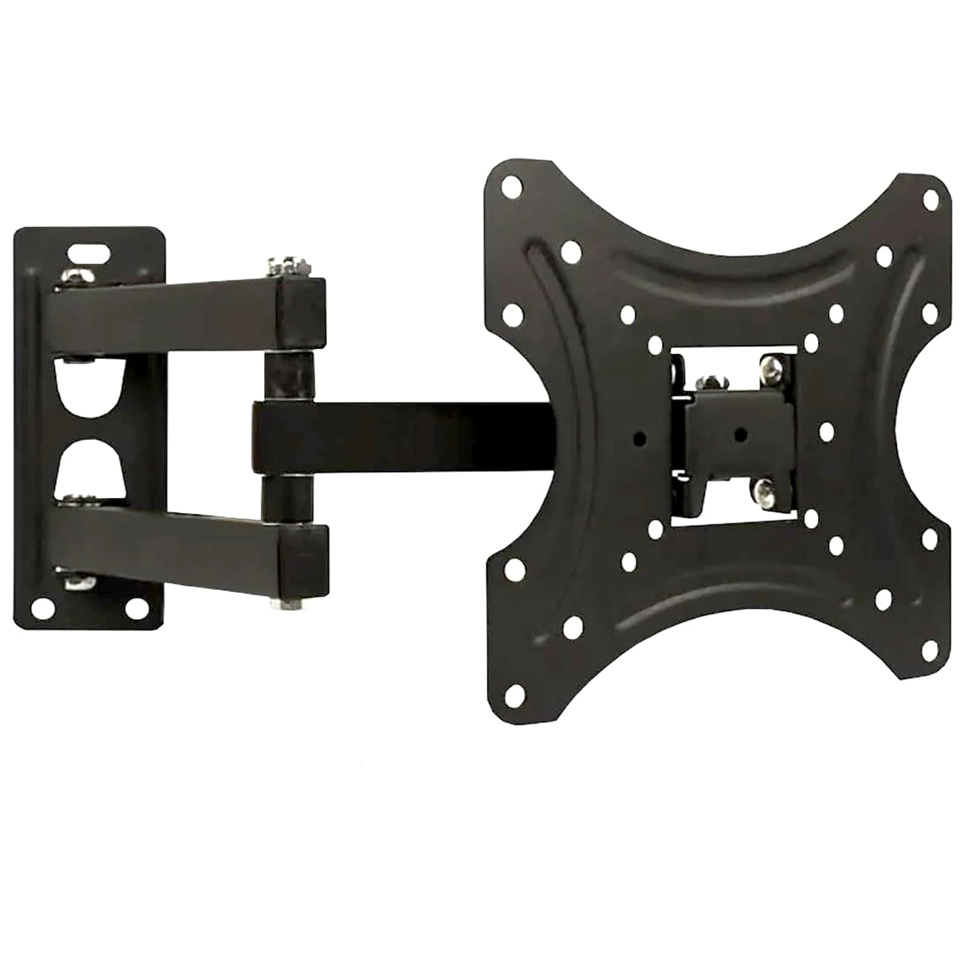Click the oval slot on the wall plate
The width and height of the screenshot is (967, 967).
click(x=89, y=251)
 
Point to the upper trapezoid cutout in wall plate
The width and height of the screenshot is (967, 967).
click(x=89, y=387)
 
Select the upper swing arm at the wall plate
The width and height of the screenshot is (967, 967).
click(x=169, y=314)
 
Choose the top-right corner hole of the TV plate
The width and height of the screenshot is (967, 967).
click(x=931, y=199)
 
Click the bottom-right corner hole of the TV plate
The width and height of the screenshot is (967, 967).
click(x=930, y=650)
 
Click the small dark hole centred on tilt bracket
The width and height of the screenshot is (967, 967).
click(x=741, y=434)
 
